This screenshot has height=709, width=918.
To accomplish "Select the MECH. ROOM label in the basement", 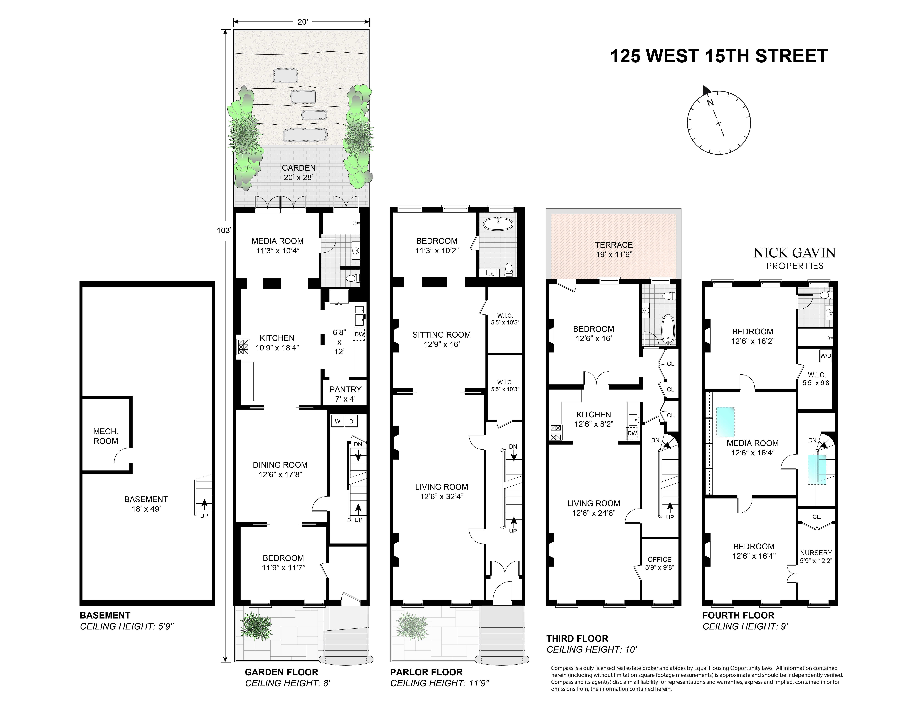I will [106, 436].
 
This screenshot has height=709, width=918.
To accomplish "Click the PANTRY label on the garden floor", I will [345, 389].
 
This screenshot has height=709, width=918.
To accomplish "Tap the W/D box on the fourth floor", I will [826, 356].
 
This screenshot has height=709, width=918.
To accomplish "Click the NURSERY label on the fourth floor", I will [816, 553].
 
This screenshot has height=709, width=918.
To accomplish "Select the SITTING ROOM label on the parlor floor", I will [441, 335].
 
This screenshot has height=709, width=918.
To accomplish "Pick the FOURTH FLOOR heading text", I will [738, 615].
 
